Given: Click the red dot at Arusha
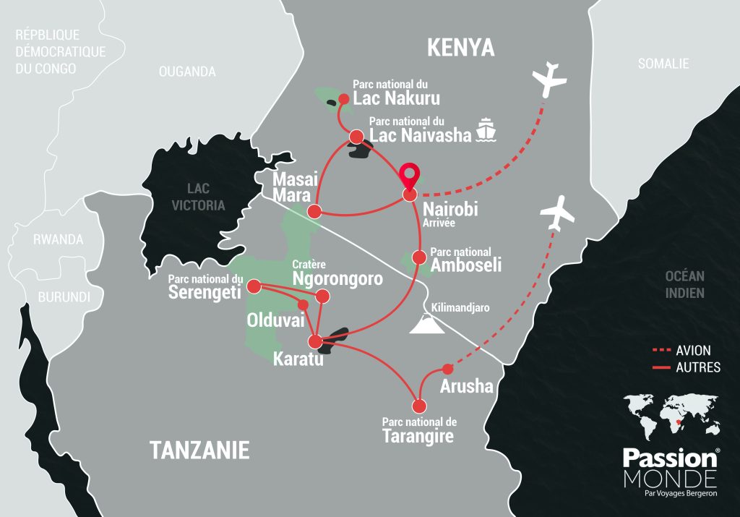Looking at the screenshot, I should tap(447, 367).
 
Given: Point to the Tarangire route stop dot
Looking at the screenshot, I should tap(418, 406).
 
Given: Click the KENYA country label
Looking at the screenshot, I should tap(460, 48).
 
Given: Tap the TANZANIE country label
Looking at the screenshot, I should tap(199, 450).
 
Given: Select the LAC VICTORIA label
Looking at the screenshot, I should tap(206, 197).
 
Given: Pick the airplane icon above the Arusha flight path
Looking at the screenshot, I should tap(557, 213).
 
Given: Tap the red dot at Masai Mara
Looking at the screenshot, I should tap(314, 211).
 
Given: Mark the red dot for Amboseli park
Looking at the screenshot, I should tap(418, 257).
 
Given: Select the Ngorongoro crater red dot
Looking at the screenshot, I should tap(323, 296).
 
